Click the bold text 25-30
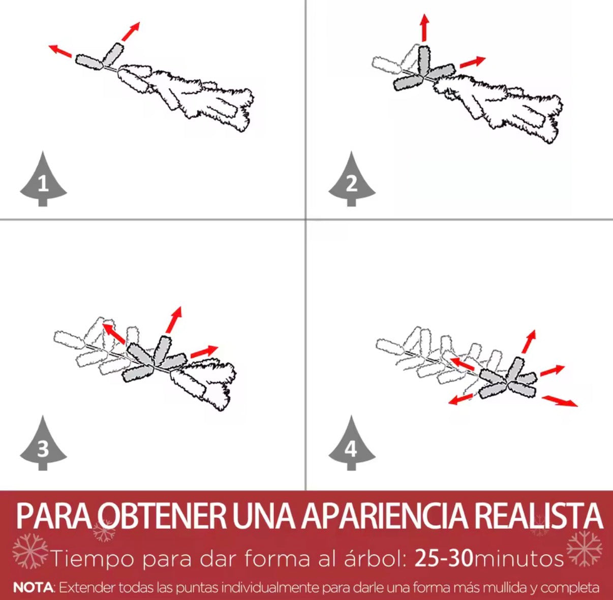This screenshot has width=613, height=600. tap(443, 558)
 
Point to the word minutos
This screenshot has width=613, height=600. tap(518, 559)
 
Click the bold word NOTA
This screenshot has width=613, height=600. tap(33, 588)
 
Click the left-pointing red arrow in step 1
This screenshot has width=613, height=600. tap(60, 51)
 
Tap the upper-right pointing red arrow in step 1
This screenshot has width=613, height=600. tap(131, 31)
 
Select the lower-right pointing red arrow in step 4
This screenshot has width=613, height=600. tap(560, 401)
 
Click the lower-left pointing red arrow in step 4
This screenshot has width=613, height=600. tap(461, 399)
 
